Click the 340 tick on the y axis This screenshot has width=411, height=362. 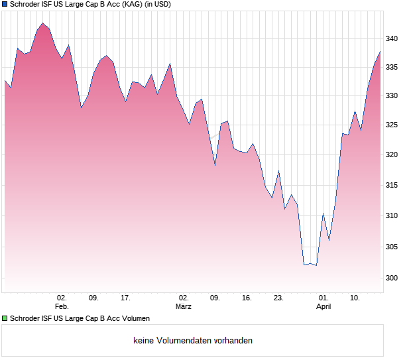(392, 39)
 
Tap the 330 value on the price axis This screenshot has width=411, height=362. (392, 96)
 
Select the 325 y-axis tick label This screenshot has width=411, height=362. (392, 125)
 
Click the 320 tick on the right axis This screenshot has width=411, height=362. (392, 155)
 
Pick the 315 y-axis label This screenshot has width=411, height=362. (392, 186)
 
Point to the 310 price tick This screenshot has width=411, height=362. (392, 216)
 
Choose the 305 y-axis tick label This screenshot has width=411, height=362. (392, 247)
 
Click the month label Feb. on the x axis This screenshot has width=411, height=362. (62, 307)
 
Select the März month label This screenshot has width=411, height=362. (184, 307)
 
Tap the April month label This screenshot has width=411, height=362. (323, 307)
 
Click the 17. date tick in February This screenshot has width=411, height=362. (125, 298)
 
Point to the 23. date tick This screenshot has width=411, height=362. (278, 298)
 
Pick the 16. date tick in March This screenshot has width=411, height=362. (247, 298)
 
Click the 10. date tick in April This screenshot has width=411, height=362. (355, 298)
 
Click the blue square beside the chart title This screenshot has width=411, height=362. (5, 4)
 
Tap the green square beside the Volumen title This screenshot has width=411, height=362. (5, 318)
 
